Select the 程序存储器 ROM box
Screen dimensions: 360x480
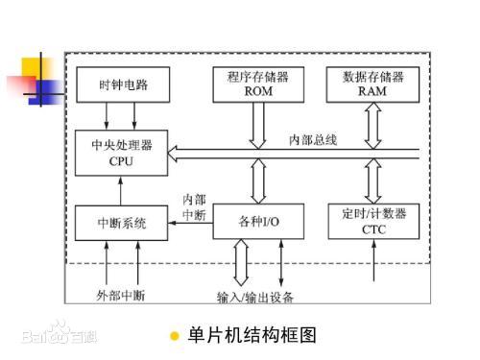[x=258, y=84]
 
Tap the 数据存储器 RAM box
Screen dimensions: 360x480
[x=373, y=84]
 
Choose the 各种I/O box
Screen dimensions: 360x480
[x=258, y=222]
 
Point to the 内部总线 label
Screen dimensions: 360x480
[x=313, y=139]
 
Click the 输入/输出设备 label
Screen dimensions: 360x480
[x=257, y=294]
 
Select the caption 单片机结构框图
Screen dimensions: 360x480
[x=252, y=335]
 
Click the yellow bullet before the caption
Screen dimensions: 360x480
[x=174, y=336]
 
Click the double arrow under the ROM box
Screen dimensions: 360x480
[x=258, y=126]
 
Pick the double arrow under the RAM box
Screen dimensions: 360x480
[x=373, y=126]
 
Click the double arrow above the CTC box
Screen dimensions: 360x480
[x=373, y=180]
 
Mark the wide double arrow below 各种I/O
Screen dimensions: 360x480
[x=240, y=260]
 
